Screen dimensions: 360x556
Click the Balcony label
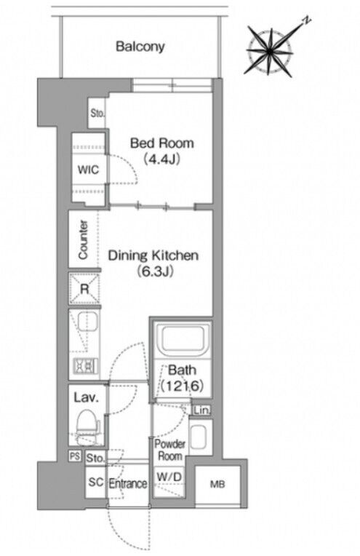point(140,47)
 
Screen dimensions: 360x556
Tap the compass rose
point(271,52)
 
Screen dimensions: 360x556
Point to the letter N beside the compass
point(307,20)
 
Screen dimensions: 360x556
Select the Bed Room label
point(162,143)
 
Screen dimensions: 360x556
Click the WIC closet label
point(88,170)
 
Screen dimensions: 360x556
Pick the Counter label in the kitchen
point(83,239)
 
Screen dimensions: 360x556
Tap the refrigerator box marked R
point(84,289)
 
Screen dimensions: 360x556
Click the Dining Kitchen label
point(153,255)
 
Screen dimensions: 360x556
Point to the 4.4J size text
point(162,159)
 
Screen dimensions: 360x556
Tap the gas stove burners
point(85,365)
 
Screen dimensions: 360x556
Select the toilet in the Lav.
point(86,423)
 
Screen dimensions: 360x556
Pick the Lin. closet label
point(202,410)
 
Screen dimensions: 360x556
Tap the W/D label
point(169,477)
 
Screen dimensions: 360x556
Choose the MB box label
point(217,484)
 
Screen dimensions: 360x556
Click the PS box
point(75,456)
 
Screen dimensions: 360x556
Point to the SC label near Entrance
point(96,482)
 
